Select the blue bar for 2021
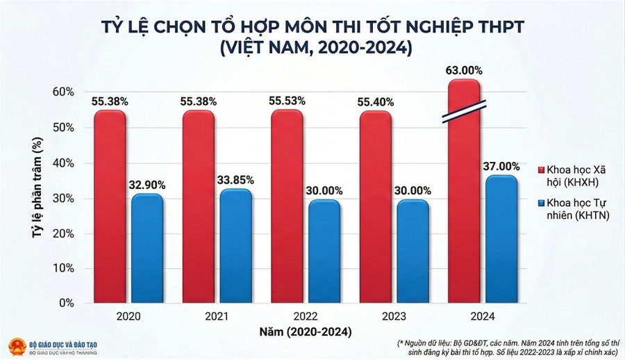click(236, 246)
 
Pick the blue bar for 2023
click(413, 252)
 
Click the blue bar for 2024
click(501, 239)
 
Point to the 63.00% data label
click(465, 71)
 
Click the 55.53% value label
click(287, 101)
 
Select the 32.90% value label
click(147, 185)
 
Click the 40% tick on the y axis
click(64, 163)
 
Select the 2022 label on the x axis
click(306, 316)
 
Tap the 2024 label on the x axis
click(483, 316)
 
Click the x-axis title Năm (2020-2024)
click(306, 331)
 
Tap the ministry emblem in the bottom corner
click(16, 347)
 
